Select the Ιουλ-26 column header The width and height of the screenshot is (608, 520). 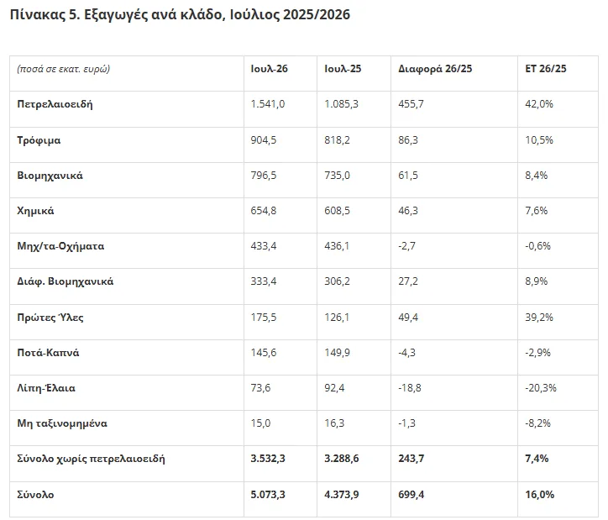[x=269, y=69]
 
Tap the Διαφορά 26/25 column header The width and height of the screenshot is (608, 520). [x=435, y=69]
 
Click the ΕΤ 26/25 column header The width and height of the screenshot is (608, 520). [x=546, y=69]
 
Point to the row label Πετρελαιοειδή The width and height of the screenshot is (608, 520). [x=55, y=104]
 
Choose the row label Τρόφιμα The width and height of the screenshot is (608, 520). [x=39, y=140]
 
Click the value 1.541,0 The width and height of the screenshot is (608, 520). [x=268, y=104]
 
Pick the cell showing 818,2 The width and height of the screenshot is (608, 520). [x=337, y=140]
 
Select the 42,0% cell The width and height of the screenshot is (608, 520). [x=539, y=104]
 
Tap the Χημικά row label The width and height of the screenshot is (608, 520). [x=35, y=211]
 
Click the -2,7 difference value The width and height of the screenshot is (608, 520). [x=406, y=246]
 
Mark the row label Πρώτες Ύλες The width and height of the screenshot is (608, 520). [x=50, y=318]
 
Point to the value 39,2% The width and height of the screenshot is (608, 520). [x=539, y=318]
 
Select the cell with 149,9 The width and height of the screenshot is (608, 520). [x=337, y=353]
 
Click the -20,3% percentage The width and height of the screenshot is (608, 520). [x=541, y=388]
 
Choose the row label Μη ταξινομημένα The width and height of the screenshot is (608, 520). [x=62, y=423]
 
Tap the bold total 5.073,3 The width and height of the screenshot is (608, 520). [x=268, y=495]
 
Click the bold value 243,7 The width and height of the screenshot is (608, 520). [x=411, y=459]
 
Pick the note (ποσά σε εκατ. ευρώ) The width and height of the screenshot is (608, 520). [x=64, y=69]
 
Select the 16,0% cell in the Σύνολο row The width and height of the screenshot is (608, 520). [x=540, y=495]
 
